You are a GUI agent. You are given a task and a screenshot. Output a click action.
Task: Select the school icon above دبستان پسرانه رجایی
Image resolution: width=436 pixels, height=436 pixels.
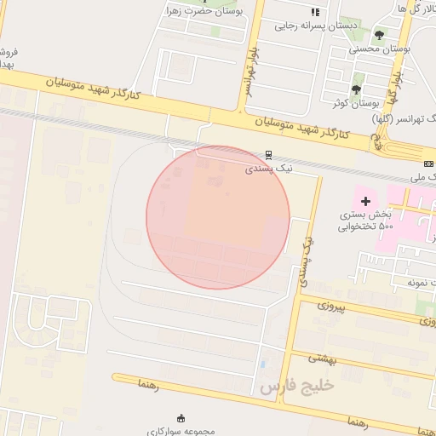pos(315,12)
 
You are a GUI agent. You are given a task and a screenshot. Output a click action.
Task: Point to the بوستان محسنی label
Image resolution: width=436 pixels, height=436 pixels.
pos(381,49)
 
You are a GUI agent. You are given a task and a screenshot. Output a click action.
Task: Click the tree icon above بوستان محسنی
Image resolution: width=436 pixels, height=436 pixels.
pos(379,35)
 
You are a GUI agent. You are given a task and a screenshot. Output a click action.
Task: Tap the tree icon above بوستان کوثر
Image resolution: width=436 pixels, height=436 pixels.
pos(356,89)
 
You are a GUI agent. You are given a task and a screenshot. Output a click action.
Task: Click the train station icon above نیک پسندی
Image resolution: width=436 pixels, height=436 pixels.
pos(269,156)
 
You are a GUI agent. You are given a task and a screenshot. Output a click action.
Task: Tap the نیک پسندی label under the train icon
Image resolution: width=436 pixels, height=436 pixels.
pos(268,169)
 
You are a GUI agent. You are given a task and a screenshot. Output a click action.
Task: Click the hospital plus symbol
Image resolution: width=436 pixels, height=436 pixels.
pos(366,201)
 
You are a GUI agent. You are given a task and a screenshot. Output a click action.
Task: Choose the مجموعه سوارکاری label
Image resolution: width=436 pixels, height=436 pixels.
pos(181,431)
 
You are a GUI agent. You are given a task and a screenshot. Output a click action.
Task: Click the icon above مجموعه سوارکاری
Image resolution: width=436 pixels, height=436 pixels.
pos(181,417)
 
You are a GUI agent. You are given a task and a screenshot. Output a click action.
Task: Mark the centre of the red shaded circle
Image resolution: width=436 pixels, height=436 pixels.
pos(218,217)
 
